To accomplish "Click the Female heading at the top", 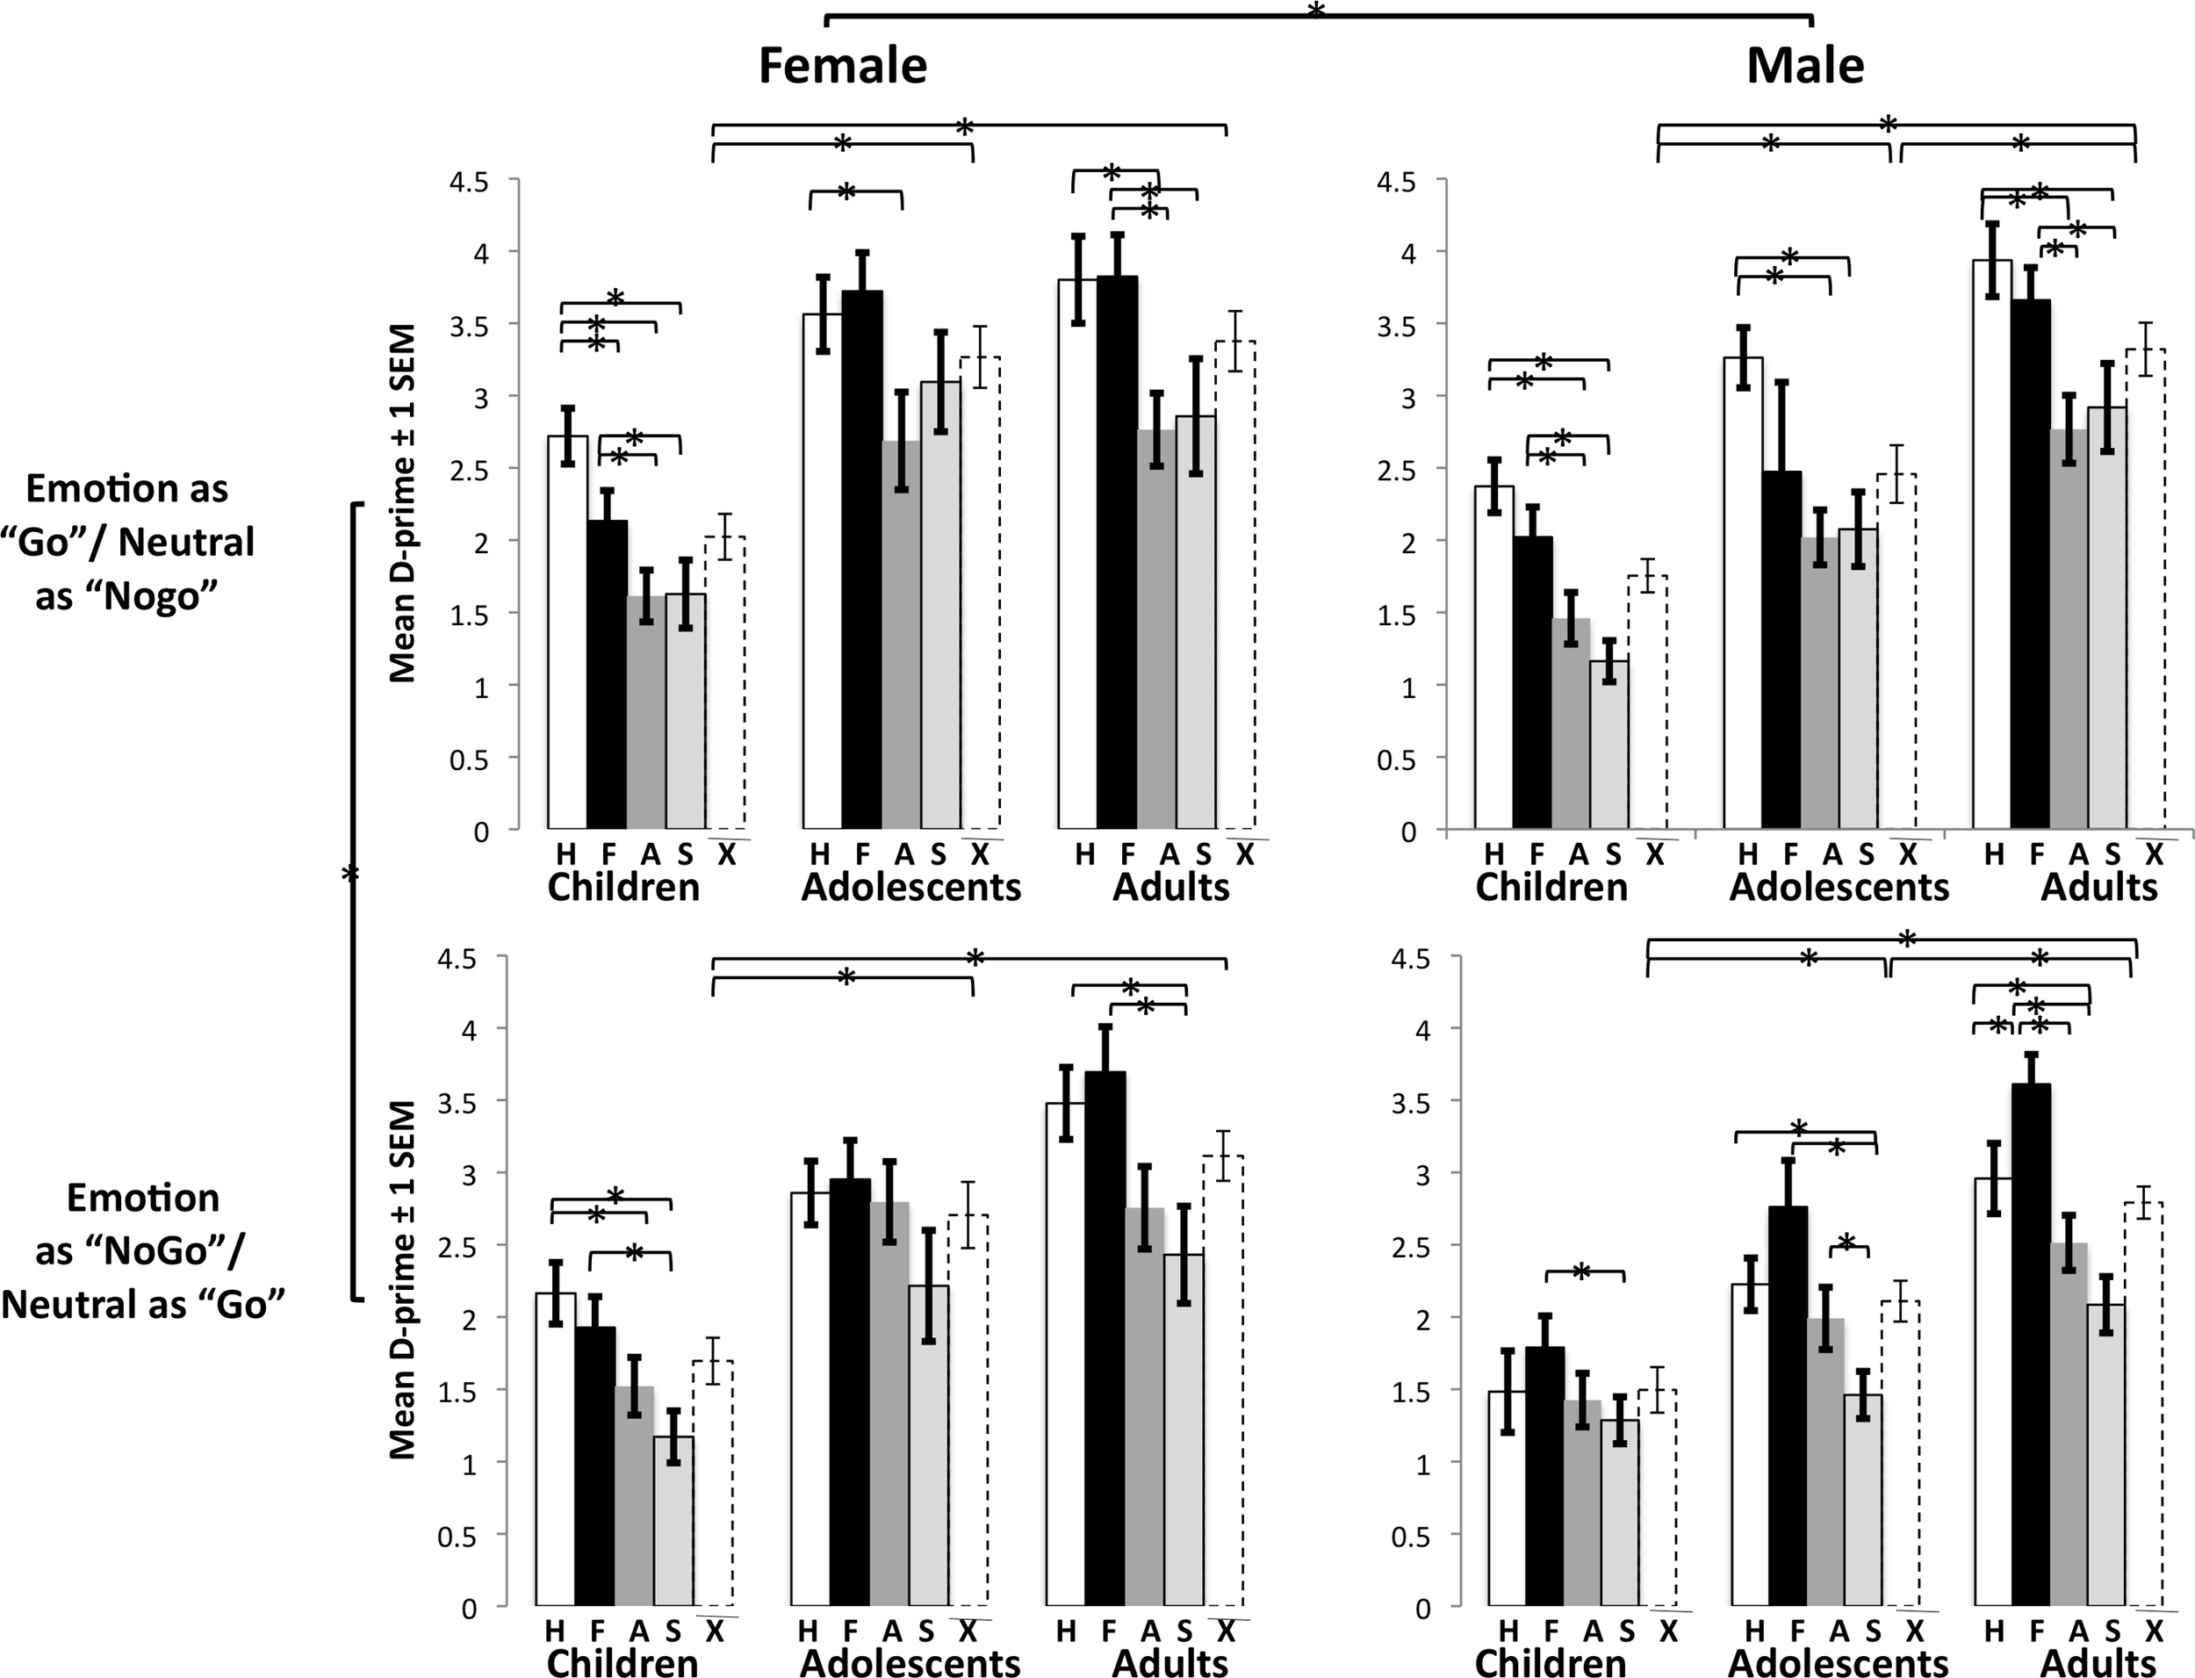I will pyautogui.click(x=843, y=66).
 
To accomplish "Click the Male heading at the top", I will pyautogui.click(x=1804, y=66).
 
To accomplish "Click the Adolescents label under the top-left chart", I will pyautogui.click(x=910, y=887).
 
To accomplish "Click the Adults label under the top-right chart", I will pyautogui.click(x=2099, y=887).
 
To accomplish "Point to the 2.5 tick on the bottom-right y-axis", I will pyautogui.click(x=1409, y=1245).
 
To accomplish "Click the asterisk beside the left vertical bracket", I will pyautogui.click(x=349, y=875).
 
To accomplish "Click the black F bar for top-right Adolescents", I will pyautogui.click(x=1781, y=649).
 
